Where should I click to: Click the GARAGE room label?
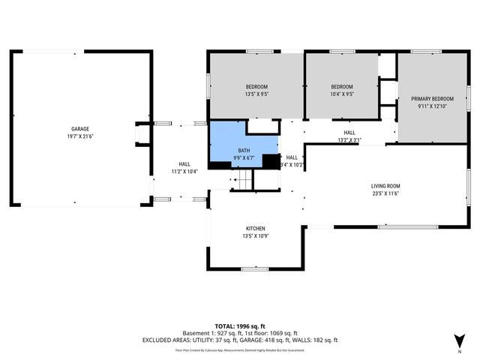[x=80, y=129]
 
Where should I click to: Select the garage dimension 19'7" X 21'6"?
[x=80, y=136]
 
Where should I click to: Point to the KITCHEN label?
[x=255, y=229]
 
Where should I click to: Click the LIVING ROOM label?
[x=385, y=186]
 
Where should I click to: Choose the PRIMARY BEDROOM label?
[x=432, y=99]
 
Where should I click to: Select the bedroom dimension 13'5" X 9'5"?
[x=256, y=94]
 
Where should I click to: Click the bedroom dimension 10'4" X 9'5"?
[x=342, y=94]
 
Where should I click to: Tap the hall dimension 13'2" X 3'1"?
[x=349, y=139]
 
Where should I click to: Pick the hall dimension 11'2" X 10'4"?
[x=184, y=172]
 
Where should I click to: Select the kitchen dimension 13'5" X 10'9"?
[x=255, y=236]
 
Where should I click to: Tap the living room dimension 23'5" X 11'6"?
[x=385, y=193]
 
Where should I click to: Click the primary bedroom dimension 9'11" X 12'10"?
[x=432, y=106]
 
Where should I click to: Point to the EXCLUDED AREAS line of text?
[x=240, y=340]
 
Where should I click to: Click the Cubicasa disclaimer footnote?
[x=240, y=349]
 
